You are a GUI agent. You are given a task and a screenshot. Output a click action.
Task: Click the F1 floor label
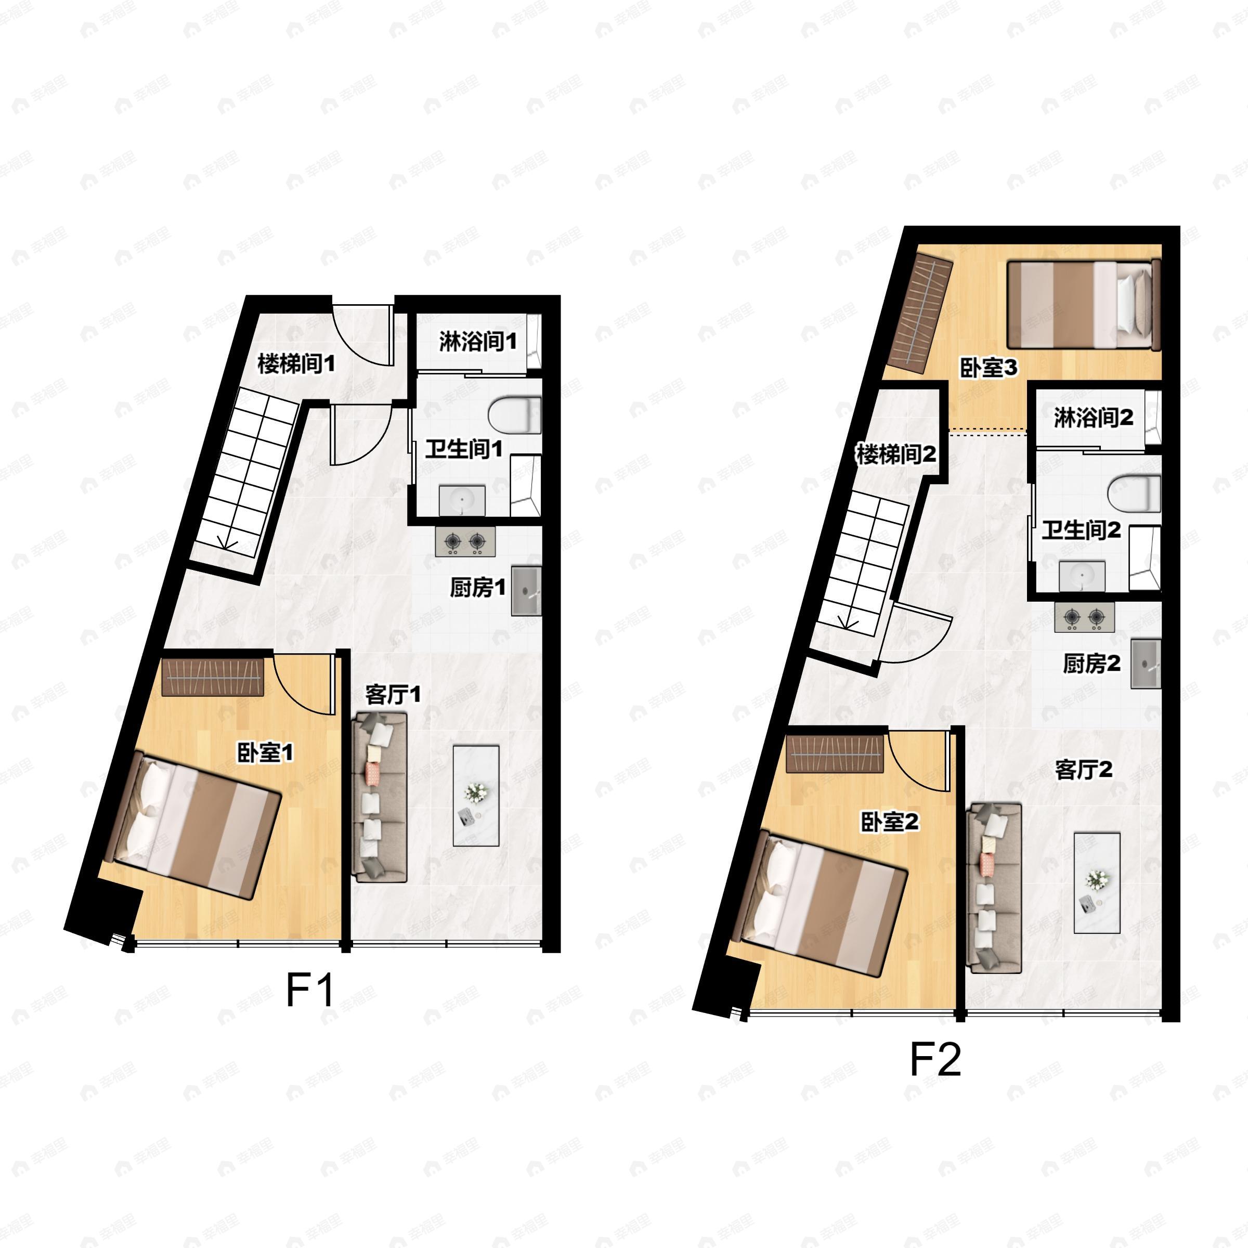point(310,990)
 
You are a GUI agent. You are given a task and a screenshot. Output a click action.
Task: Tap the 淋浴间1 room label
point(478,341)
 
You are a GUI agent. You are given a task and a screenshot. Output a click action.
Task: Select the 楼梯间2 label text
point(896,455)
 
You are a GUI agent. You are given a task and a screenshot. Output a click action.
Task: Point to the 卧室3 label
point(989,368)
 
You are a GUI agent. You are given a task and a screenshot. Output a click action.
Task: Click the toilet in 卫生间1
point(515,415)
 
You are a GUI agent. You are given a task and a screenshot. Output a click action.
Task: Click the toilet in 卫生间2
point(1134,494)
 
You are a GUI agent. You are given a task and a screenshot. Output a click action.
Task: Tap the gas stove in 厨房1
point(465,541)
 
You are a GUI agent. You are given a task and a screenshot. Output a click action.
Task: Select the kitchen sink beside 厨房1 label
point(526,590)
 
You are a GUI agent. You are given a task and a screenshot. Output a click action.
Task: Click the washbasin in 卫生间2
point(1082,576)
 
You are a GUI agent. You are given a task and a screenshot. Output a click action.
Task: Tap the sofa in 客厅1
point(380,797)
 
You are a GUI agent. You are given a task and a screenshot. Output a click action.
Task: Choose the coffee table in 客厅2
point(1097,882)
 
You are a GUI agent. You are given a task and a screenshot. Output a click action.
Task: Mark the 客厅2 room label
point(1083,770)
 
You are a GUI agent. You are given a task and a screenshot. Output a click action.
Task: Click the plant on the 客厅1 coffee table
point(477,791)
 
